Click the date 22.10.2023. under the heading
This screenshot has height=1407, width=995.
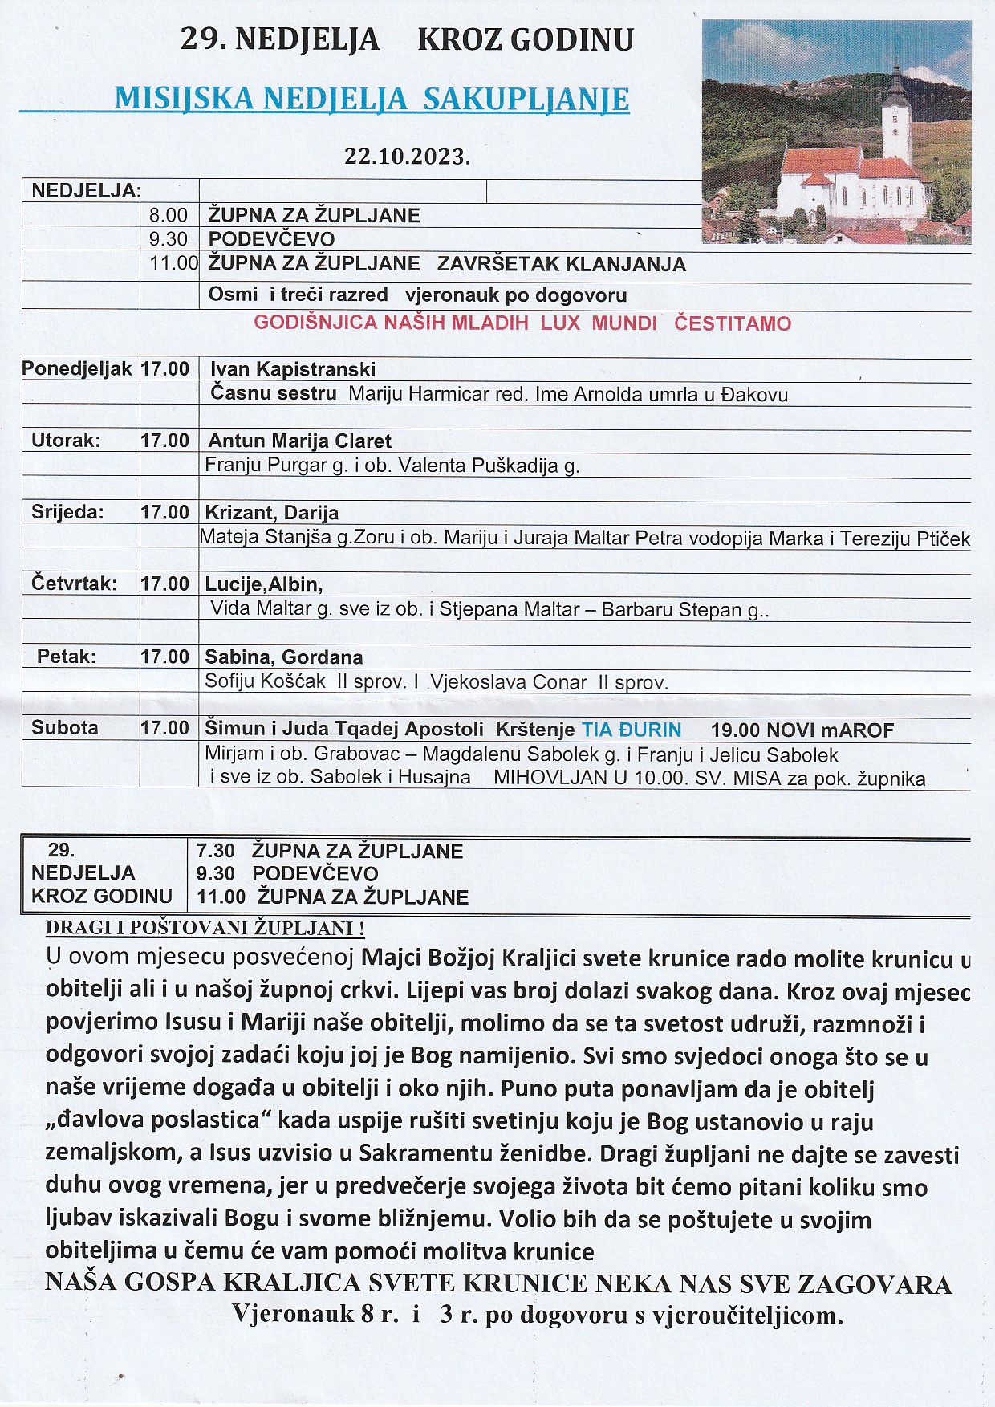(407, 157)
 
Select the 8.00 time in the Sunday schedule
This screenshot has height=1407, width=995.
(169, 215)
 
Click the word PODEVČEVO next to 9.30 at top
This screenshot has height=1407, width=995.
(271, 239)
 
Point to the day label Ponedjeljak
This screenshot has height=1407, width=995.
(77, 369)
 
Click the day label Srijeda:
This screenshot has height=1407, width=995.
(67, 512)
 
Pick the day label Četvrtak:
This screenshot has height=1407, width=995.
(74, 584)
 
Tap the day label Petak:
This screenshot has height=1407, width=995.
(67, 657)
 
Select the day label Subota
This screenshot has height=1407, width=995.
(65, 728)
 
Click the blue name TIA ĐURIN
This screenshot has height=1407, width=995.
(632, 730)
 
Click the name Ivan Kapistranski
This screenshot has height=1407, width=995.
(293, 369)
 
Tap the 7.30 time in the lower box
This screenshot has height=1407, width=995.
(216, 851)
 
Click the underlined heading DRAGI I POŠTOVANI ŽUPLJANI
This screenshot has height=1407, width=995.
(205, 928)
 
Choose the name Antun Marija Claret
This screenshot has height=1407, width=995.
(300, 441)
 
